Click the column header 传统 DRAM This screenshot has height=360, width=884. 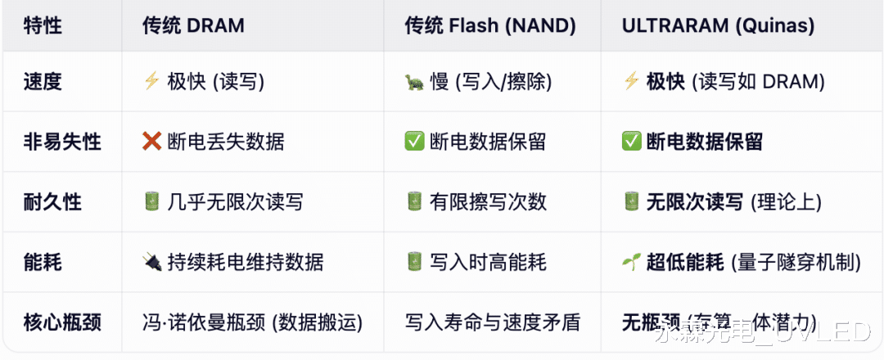point(193,25)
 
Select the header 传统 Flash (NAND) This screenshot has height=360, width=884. point(489,25)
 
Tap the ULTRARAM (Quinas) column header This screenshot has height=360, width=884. point(718,25)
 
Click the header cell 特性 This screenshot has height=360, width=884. point(43,25)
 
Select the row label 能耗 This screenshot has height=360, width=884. point(43,262)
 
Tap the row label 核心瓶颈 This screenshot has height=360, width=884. point(62,322)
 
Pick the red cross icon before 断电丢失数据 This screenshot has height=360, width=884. point(152,142)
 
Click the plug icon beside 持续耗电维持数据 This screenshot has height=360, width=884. point(151,262)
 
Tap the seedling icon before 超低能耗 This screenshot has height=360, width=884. point(631,262)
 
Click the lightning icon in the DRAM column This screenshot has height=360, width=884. point(151,81)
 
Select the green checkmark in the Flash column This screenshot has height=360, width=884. point(414,142)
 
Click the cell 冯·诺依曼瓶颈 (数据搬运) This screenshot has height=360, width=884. point(252,322)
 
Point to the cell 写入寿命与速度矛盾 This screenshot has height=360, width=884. point(492,322)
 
